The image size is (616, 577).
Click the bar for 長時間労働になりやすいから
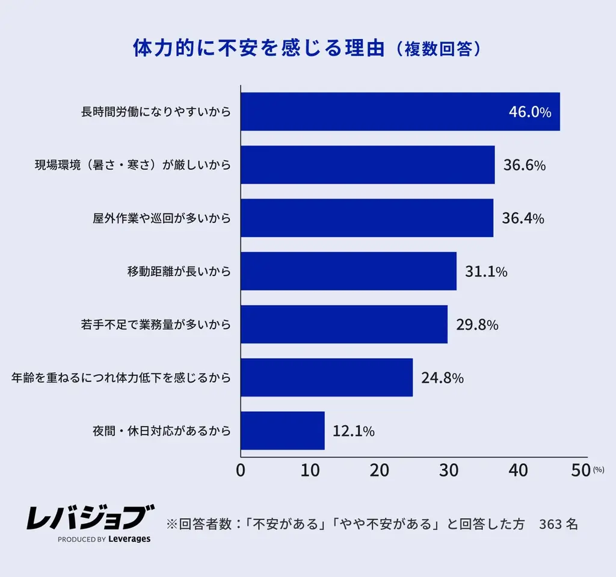[400, 111]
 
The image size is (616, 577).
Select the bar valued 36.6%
[368, 165]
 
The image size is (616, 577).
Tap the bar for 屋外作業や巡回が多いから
[367, 218]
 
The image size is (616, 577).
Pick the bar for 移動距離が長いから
[348, 271]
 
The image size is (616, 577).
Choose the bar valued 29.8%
[344, 324]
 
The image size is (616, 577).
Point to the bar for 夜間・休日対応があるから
[283, 431]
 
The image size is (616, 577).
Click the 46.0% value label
[530, 112]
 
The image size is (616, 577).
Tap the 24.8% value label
[442, 378]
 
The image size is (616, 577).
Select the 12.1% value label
[354, 431]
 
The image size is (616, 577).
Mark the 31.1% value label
[486, 272]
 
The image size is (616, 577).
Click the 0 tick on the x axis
[241, 471]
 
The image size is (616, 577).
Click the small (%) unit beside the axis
[598, 470]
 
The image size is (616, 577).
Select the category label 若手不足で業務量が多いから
[156, 325]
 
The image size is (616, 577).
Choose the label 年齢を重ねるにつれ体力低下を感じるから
[122, 378]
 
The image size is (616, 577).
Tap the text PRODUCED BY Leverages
[104, 539]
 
